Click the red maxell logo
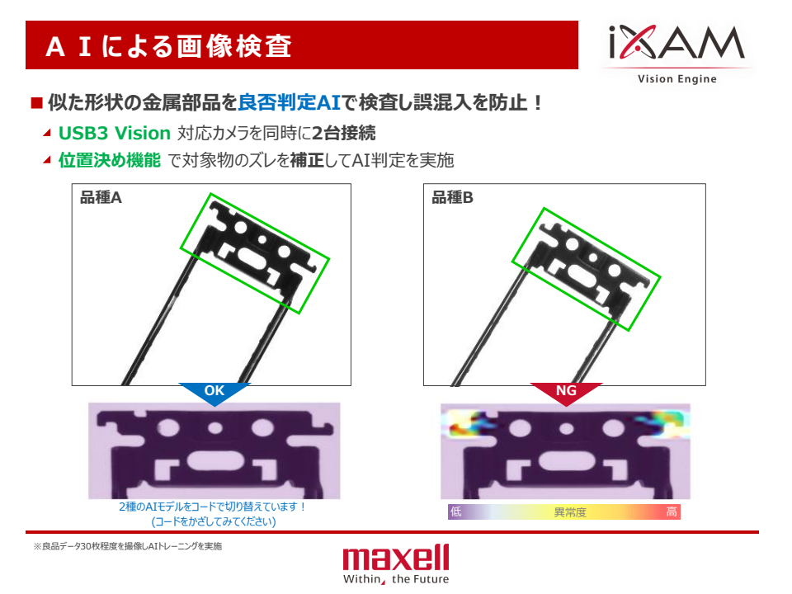[x=396, y=559]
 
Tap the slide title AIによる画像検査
[x=168, y=46]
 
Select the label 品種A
[x=101, y=197]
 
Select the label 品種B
[x=452, y=197]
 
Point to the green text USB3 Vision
[x=114, y=133]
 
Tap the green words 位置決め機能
[x=109, y=160]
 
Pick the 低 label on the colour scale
[x=455, y=512]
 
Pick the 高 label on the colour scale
[x=672, y=512]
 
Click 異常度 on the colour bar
[x=569, y=512]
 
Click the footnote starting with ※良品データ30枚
[x=127, y=546]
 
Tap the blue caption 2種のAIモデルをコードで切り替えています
[x=213, y=507]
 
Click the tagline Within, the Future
[x=396, y=579]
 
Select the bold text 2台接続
[x=344, y=133]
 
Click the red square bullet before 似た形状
[x=36, y=103]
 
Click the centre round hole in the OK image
[x=215, y=429]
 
